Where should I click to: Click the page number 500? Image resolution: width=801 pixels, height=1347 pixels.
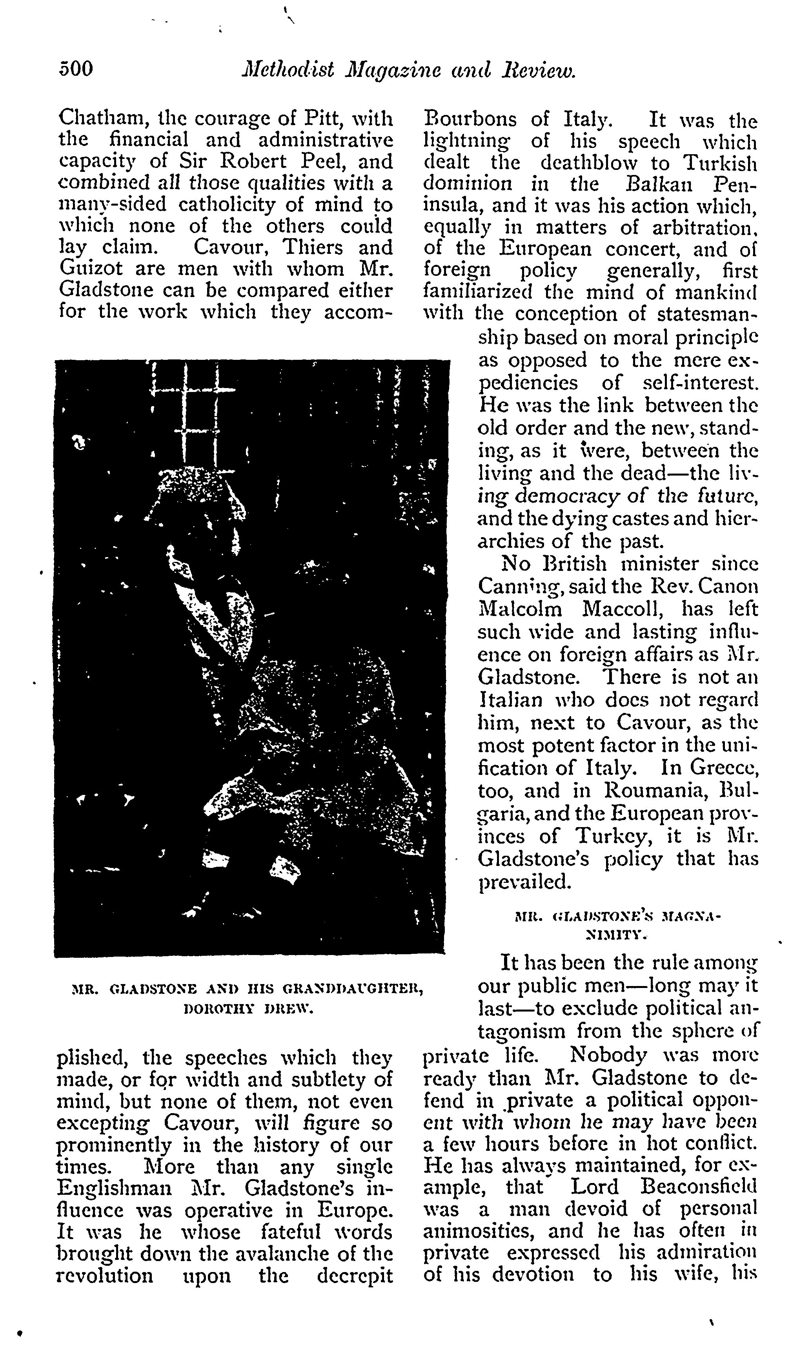point(76,69)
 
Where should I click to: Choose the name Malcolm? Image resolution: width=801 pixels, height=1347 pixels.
point(520,609)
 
